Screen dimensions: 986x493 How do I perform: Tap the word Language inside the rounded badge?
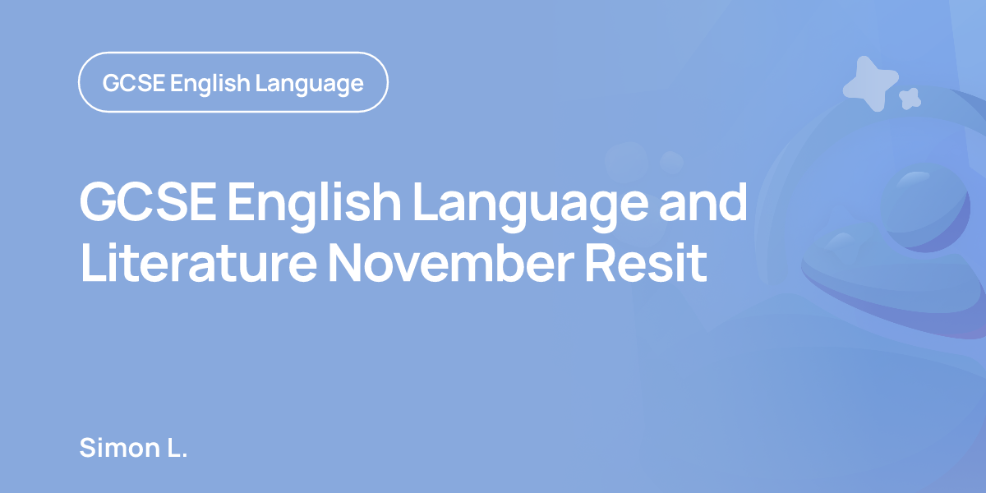310,84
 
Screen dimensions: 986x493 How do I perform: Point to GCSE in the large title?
148,202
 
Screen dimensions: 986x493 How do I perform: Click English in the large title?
314,205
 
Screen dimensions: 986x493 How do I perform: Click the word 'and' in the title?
703,201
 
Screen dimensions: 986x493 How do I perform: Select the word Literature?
199,263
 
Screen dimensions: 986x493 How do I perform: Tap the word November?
452,263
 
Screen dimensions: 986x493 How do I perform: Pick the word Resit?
646,263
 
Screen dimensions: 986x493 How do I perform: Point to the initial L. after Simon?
177,448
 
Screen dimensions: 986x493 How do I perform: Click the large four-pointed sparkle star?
870,84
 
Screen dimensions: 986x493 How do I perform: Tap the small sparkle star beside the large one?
910,99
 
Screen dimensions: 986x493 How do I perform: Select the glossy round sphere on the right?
926,208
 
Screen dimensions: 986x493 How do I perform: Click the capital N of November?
346,264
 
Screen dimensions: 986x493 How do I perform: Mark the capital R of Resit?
600,264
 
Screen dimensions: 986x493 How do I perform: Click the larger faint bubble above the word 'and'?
626,162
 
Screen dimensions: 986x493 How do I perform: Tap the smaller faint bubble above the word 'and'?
671,163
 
